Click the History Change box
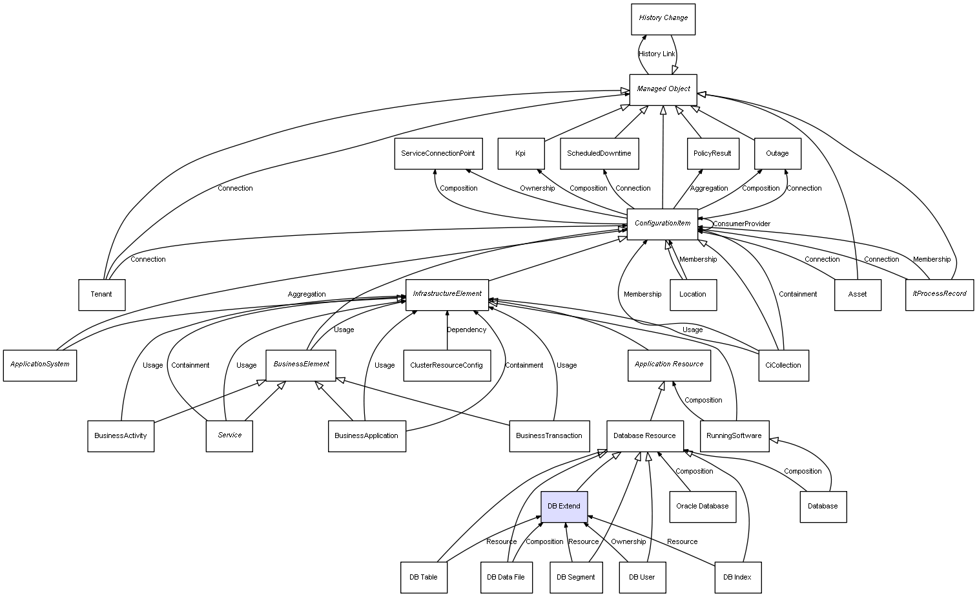[663, 19]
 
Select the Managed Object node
[663, 89]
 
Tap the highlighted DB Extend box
[564, 507]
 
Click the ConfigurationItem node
[662, 224]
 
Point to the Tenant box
[101, 295]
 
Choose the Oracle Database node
[702, 507]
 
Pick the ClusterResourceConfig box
[446, 366]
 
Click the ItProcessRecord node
[939, 294]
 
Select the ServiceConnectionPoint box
[438, 154]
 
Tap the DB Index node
[737, 577]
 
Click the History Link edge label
[657, 54]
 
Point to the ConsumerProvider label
[741, 224]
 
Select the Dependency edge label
[466, 330]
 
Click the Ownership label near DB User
[628, 542]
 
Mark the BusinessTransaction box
[549, 436]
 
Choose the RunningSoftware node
[734, 436]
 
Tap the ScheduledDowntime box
[599, 154]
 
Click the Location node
[693, 295]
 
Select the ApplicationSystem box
[39, 364]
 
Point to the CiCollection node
[783, 366]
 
